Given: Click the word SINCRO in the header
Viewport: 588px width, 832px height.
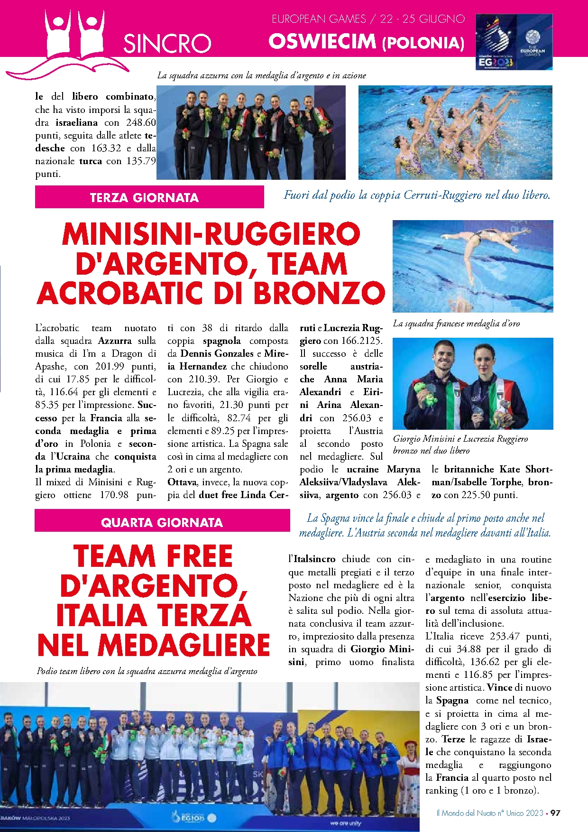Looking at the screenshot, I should (x=167, y=44).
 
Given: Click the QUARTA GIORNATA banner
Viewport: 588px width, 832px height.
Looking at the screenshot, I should (x=162, y=522).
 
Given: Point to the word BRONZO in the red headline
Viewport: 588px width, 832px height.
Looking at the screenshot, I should (x=319, y=293).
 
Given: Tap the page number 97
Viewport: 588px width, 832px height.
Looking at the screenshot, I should (x=555, y=813).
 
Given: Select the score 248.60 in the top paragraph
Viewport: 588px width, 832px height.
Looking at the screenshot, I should (x=141, y=122).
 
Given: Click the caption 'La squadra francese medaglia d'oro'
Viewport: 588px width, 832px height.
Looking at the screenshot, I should (x=456, y=324).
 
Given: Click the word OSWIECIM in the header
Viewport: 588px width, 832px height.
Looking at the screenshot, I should (x=322, y=42).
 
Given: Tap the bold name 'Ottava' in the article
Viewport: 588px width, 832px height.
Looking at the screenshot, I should (x=182, y=482).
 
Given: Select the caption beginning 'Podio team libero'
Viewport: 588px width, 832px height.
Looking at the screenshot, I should (x=147, y=671).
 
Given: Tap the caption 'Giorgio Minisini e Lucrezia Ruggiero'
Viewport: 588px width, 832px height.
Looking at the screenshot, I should (x=460, y=439).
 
